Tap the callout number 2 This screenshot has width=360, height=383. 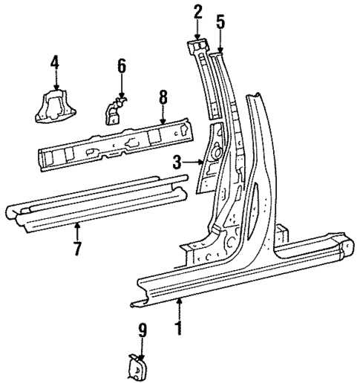[x=197, y=11]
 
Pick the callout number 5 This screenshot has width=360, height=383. [x=220, y=22]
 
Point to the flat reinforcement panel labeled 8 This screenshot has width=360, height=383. [x=111, y=141]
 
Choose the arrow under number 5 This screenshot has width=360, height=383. [x=220, y=41]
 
